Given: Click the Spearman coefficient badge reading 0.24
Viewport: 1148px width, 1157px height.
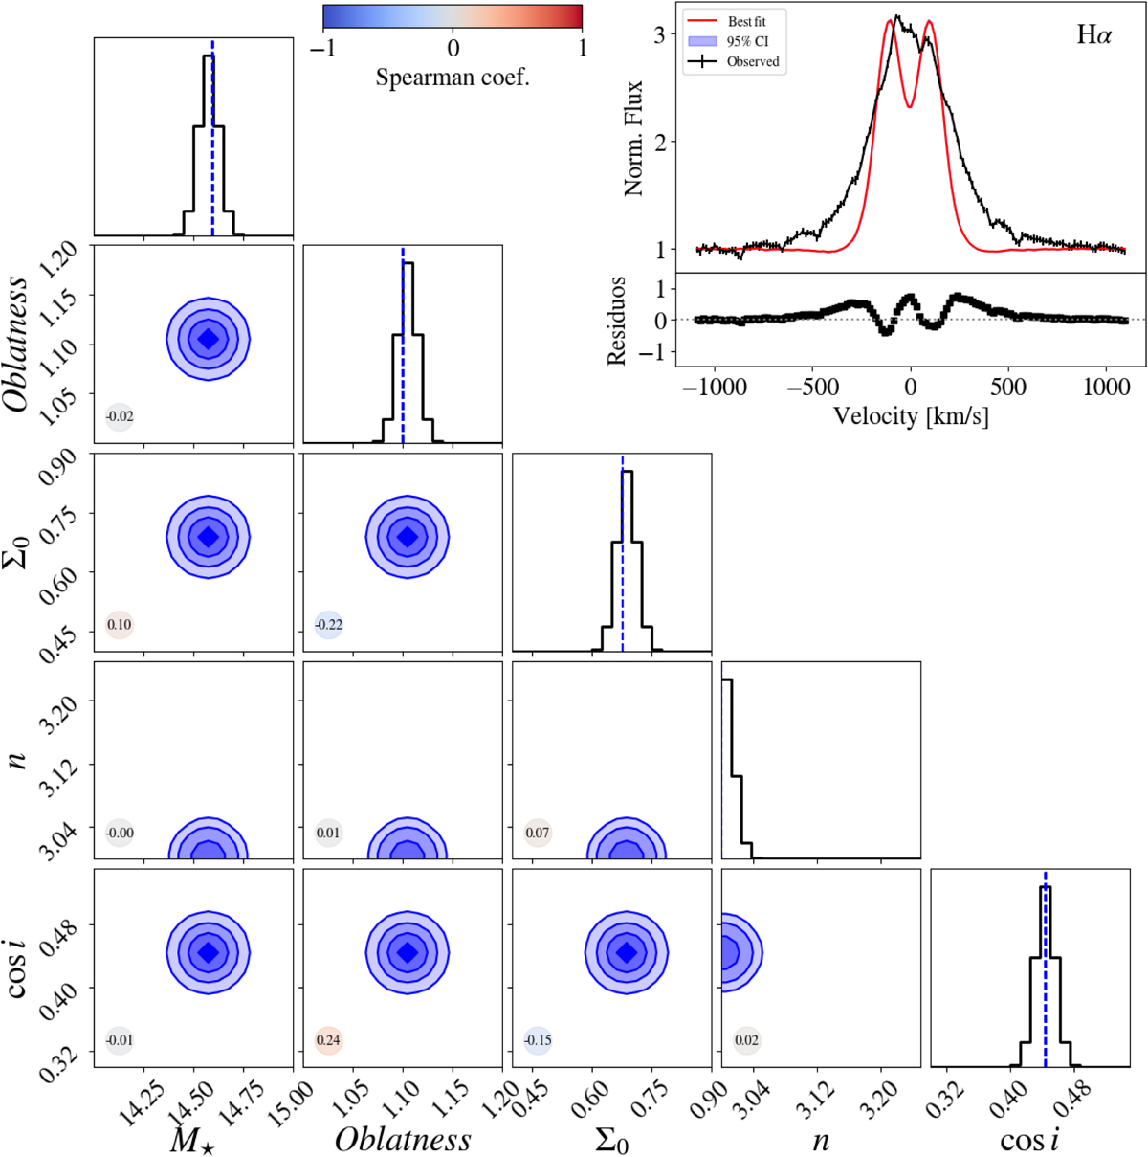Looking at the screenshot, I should [328, 1040].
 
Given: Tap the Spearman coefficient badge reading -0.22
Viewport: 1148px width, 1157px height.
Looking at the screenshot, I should [328, 625].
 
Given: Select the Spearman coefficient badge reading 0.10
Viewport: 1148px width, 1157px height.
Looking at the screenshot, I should [119, 625].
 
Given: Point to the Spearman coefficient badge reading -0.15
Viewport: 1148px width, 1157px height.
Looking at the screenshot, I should [538, 1040].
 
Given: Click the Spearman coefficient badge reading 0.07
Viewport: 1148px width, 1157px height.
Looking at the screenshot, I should [538, 833].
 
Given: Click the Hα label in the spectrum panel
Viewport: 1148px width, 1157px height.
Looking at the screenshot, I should [1094, 36].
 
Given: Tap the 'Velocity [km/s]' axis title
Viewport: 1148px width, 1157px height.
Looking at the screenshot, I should [910, 416].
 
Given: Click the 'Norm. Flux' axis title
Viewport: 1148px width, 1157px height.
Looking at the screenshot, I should [633, 139].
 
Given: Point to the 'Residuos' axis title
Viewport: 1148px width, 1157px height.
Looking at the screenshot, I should [617, 321].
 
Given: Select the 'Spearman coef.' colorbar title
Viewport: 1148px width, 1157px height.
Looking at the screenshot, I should [453, 78].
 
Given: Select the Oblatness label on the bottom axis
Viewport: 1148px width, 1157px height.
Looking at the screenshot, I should [403, 1140].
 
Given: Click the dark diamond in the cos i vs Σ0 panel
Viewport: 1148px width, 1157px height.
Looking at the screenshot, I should [627, 952].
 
